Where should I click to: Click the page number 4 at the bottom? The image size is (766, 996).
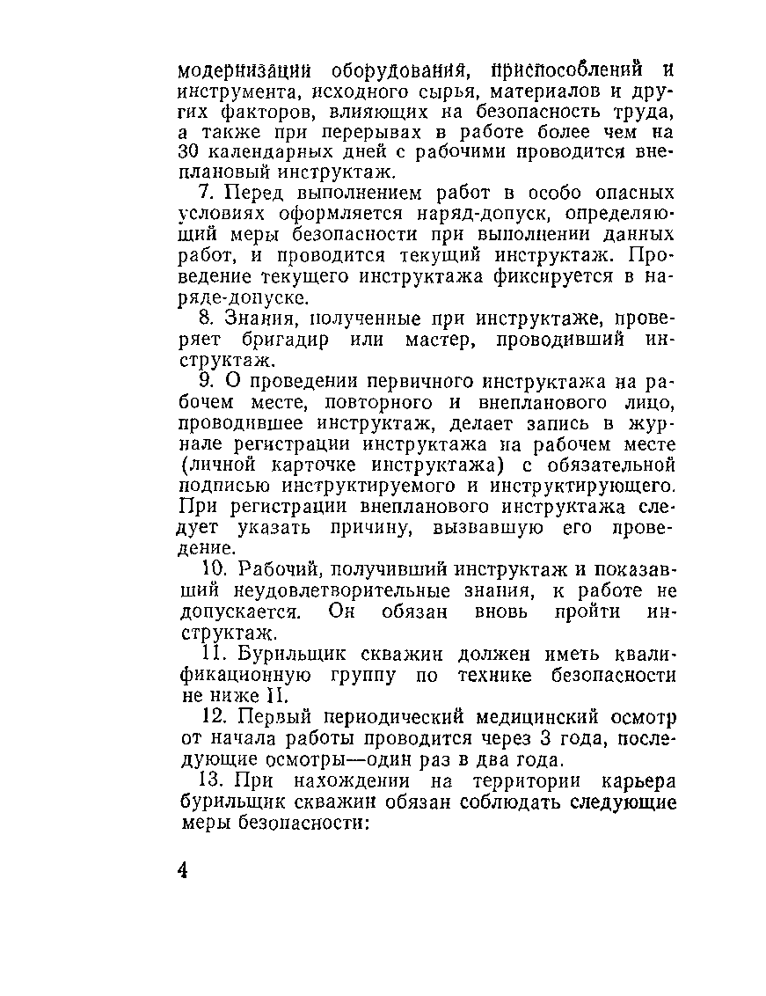[x=183, y=870]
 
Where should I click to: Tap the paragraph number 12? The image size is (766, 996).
[x=211, y=716]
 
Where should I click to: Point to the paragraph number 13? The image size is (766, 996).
[x=211, y=780]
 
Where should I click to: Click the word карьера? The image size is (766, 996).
[x=637, y=780]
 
